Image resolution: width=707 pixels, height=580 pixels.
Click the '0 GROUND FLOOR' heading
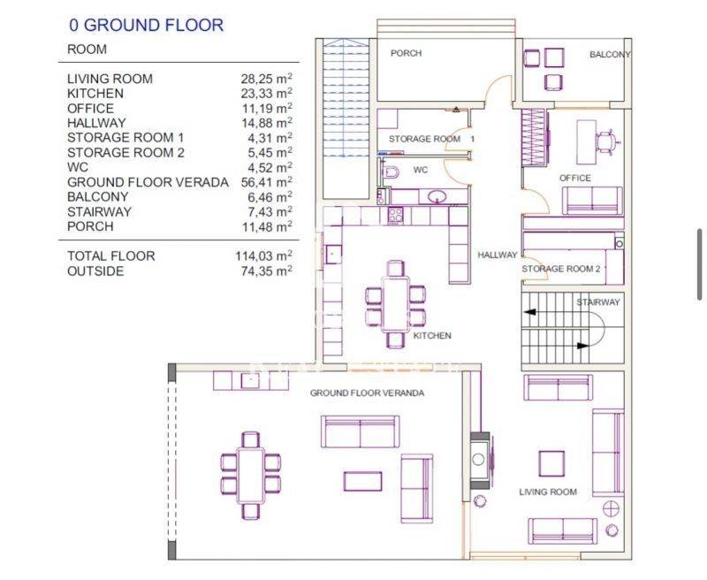[146, 26]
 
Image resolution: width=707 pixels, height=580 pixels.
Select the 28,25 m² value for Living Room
[266, 79]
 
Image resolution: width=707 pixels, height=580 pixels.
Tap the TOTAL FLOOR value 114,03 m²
[263, 256]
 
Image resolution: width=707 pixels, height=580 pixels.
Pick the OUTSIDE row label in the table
[95, 271]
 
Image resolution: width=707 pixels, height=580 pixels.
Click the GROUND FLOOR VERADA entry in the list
[148, 182]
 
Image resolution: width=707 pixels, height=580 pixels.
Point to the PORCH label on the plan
[406, 53]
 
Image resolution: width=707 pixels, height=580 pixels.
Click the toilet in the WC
[390, 172]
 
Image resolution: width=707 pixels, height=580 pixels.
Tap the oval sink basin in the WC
[437, 196]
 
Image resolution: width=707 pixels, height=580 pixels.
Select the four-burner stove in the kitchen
[395, 215]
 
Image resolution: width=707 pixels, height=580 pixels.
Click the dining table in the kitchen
[395, 305]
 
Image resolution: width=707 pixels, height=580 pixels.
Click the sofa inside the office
[592, 200]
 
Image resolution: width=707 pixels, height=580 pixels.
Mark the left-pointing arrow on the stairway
[529, 311]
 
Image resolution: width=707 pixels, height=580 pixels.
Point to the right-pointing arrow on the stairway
[583, 346]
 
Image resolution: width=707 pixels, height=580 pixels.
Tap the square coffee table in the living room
[551, 463]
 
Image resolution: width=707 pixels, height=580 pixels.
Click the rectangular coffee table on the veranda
[362, 481]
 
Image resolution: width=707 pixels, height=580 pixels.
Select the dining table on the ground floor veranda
[250, 476]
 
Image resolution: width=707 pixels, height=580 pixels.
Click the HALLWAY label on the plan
[498, 255]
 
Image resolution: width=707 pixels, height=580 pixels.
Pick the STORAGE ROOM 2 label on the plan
[561, 269]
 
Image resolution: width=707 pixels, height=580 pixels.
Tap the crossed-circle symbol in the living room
[611, 508]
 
